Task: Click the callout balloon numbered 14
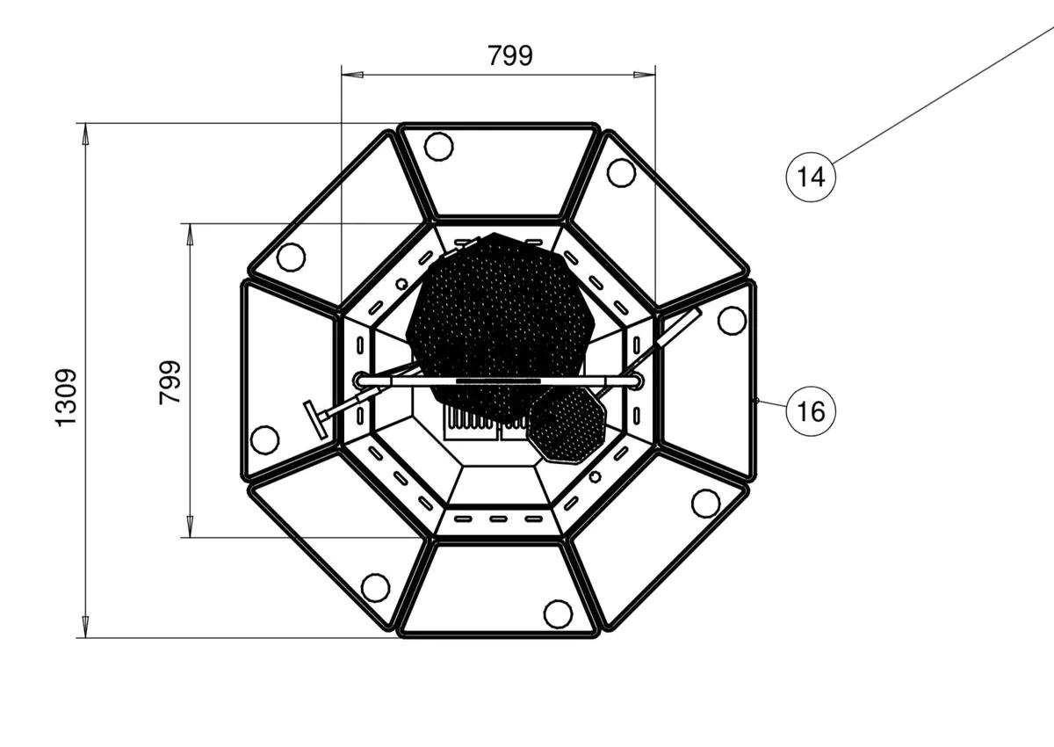tap(811, 178)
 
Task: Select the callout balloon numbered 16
tap(811, 411)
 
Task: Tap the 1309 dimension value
tap(66, 398)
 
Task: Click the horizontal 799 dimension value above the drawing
tap(510, 55)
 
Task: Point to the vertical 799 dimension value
tap(170, 382)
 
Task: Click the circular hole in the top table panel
tap(438, 147)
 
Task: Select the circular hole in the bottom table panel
tap(558, 613)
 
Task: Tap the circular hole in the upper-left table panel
tap(291, 257)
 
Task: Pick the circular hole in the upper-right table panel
tap(621, 173)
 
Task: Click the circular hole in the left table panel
tap(265, 439)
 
